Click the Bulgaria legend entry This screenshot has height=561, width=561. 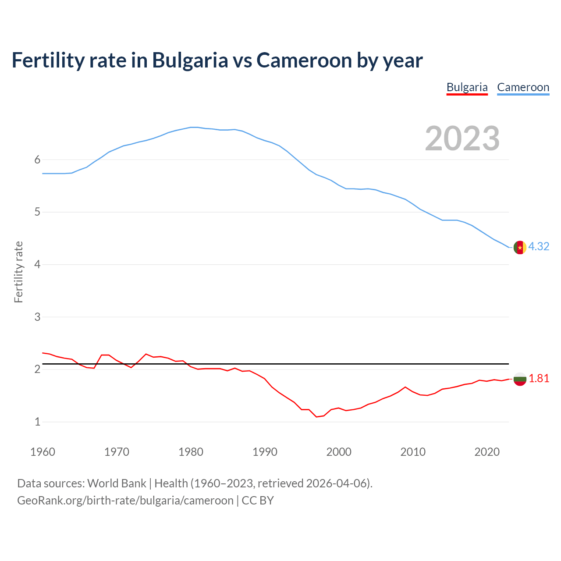467,87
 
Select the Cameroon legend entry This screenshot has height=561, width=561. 523,87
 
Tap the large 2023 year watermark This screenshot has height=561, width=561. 462,138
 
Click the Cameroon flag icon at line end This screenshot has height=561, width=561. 520,248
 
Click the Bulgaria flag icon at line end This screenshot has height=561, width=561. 520,379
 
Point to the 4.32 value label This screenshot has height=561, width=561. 539,247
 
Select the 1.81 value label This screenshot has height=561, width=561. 539,379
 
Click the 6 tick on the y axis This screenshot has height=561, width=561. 37,160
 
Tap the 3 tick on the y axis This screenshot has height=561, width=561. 37,317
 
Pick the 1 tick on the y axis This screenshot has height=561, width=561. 37,422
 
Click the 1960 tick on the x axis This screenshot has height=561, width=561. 43,452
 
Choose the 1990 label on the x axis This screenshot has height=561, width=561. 265,452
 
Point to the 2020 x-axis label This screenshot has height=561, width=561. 487,452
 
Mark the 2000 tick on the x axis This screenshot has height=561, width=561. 339,452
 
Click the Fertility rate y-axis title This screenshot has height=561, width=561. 18,272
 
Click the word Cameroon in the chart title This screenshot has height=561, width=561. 303,60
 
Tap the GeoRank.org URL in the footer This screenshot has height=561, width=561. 125,501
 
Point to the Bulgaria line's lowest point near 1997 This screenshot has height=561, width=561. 316,417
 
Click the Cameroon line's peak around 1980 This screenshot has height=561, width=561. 194,127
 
